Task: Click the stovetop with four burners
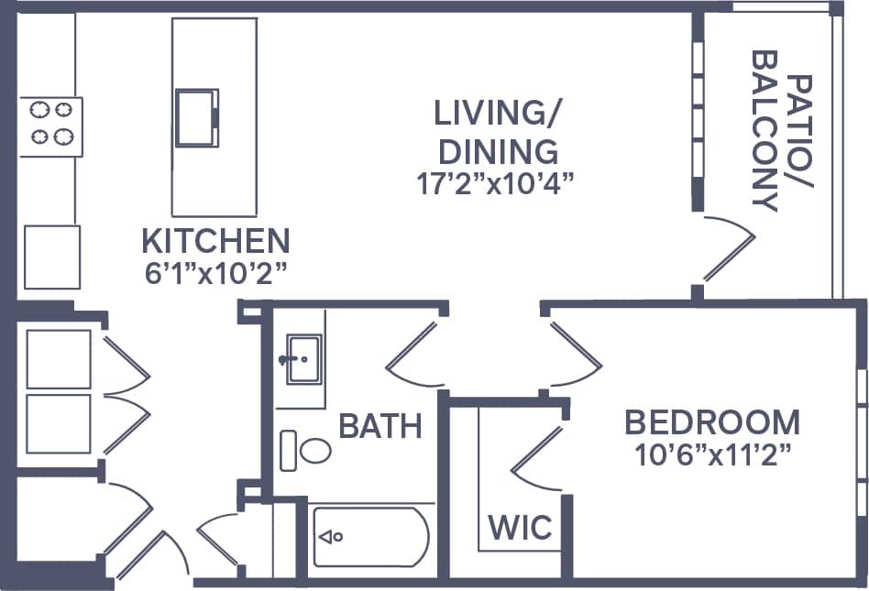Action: point(51,126)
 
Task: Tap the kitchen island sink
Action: point(196,116)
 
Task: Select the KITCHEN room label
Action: point(215,242)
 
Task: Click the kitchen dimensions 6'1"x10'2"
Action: point(215,273)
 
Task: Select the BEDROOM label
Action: point(712,422)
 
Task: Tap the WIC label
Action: point(520,528)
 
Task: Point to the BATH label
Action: point(380,426)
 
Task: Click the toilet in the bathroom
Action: point(308,451)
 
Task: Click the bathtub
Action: point(370,537)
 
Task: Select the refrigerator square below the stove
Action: point(51,257)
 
